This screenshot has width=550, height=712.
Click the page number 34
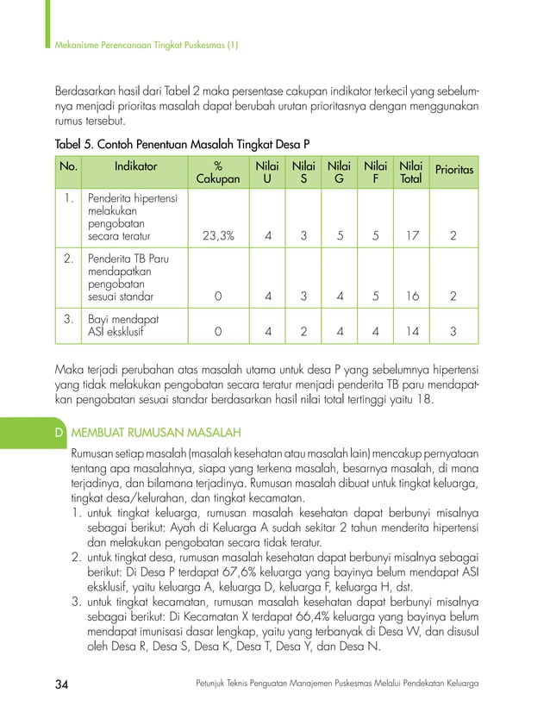point(62,684)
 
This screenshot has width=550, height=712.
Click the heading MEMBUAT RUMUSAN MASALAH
point(156,431)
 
